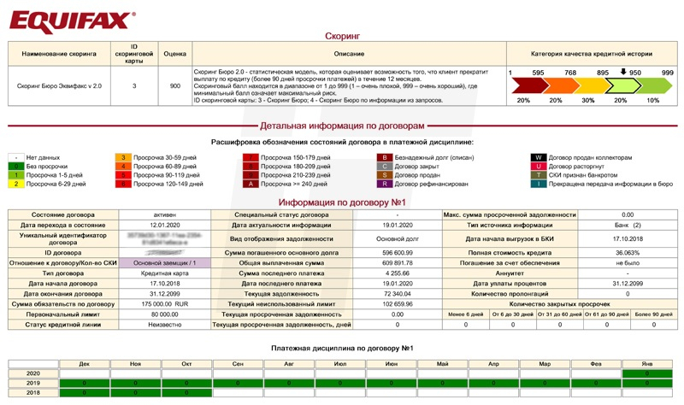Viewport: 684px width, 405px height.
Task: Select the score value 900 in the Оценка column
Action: [x=174, y=86]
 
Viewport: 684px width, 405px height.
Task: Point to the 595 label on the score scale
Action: [x=538, y=73]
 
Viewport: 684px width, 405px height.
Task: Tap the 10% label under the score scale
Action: [x=653, y=101]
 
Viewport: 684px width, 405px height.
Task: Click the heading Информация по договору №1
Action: [x=342, y=202]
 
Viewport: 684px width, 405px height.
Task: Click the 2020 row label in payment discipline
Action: [x=32, y=374]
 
